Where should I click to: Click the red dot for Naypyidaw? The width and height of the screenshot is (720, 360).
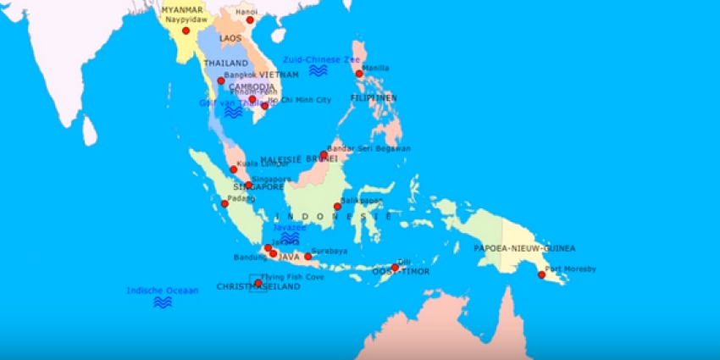tap(186, 30)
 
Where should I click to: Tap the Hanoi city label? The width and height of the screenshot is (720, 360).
tap(247, 12)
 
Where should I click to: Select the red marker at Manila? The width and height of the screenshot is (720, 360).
tap(359, 74)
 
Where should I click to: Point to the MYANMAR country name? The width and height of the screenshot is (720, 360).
tap(184, 8)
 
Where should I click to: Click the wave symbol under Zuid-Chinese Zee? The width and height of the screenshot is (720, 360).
tap(318, 72)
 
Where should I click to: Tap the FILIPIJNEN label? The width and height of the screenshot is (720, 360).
tap(374, 98)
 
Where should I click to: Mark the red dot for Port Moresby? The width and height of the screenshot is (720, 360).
tap(542, 274)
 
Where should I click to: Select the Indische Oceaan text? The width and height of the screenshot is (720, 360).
tap(162, 291)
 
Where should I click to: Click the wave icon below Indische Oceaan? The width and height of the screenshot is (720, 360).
tap(162, 302)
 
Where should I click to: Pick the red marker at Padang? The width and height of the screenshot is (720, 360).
tap(224, 203)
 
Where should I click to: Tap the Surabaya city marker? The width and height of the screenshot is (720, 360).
tap(308, 256)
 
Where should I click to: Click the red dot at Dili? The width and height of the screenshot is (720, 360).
tap(395, 267)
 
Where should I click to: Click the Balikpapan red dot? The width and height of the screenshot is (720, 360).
tap(337, 206)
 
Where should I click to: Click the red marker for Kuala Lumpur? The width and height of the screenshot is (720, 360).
tap(234, 169)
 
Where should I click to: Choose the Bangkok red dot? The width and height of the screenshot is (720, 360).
tap(221, 80)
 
